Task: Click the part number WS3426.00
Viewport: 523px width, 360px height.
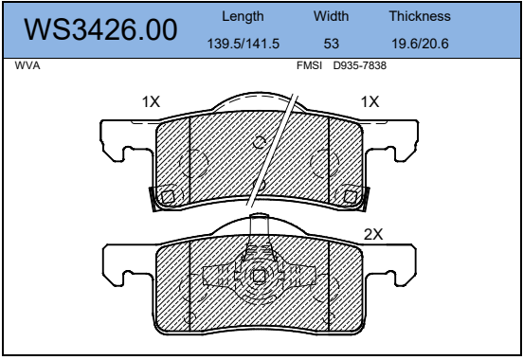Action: [100, 29]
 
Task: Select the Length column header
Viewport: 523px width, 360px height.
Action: [243, 16]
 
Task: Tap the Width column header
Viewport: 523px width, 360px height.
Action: [332, 16]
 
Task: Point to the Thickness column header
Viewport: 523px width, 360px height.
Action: [420, 16]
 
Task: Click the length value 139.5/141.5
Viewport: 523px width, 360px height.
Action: [243, 44]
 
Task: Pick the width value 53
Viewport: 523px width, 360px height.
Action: [332, 44]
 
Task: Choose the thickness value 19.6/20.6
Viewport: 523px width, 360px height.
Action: [420, 44]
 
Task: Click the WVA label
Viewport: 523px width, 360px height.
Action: [27, 65]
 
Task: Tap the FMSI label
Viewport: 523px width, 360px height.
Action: [309, 65]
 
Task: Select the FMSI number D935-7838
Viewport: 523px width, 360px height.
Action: [360, 65]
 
